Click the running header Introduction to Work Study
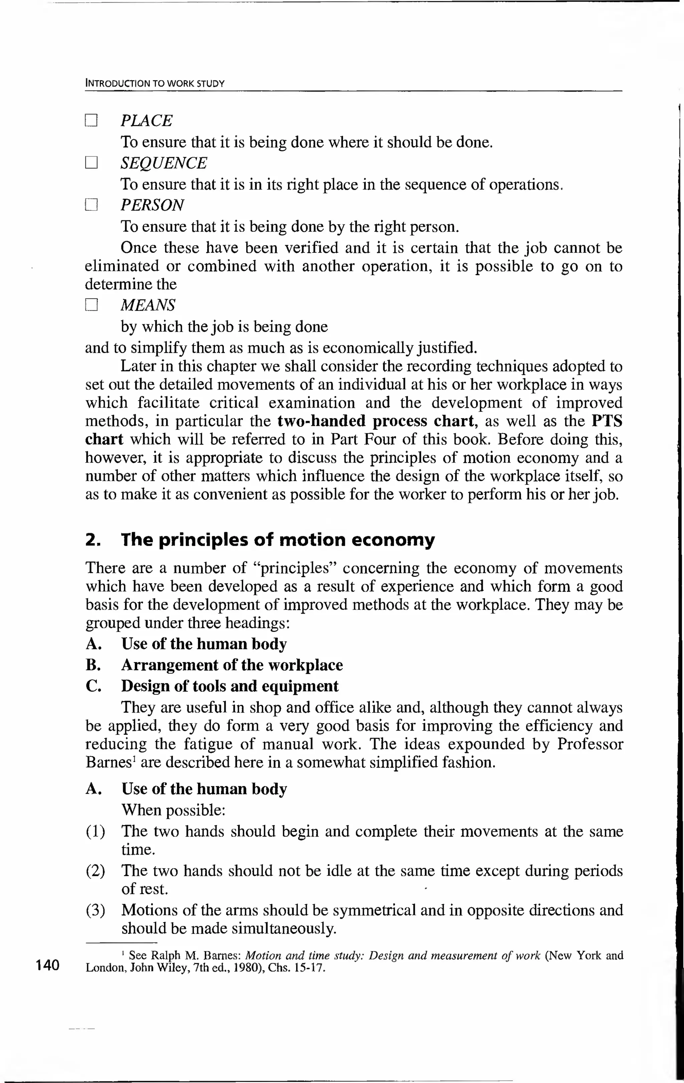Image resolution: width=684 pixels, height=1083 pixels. [x=155, y=84]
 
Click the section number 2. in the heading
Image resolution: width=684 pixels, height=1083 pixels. [x=92, y=540]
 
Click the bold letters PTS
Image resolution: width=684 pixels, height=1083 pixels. [x=607, y=421]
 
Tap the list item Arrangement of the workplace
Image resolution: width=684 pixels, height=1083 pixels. [x=231, y=665]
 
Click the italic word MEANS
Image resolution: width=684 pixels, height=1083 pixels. [x=148, y=305]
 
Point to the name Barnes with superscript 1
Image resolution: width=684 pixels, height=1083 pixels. [x=108, y=762]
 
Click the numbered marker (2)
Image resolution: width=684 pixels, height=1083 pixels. [x=95, y=871]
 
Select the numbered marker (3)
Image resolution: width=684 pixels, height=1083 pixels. [x=95, y=910]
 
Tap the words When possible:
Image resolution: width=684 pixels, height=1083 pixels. [x=173, y=810]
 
